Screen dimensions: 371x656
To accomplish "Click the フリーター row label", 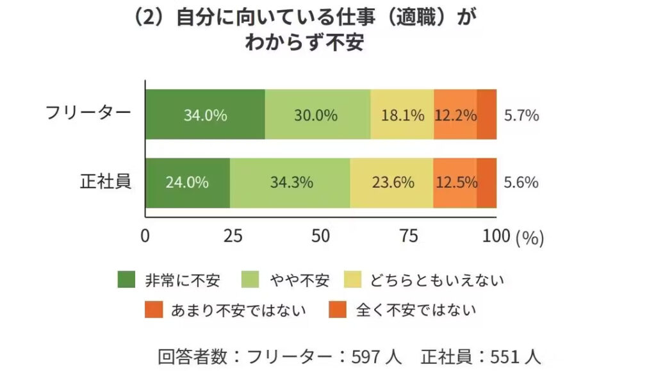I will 88,113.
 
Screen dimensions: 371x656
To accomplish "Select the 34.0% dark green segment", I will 205,115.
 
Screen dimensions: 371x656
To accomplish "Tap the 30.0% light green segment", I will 317,115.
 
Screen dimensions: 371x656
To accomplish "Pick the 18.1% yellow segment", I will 402,115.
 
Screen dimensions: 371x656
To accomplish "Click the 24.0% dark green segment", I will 187,182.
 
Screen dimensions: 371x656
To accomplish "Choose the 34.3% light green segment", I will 290,182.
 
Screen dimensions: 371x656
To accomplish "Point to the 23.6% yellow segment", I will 392,182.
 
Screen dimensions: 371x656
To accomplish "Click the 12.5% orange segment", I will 455,182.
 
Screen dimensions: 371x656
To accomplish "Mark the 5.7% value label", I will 521,115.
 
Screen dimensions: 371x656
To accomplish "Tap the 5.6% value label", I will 521,182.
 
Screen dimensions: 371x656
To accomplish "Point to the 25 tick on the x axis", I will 233,236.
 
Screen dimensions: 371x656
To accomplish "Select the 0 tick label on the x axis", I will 145,236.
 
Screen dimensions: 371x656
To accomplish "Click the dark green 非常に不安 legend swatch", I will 127,280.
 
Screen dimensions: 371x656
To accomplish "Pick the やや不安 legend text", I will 299,280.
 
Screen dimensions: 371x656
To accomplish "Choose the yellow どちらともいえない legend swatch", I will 353,280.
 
